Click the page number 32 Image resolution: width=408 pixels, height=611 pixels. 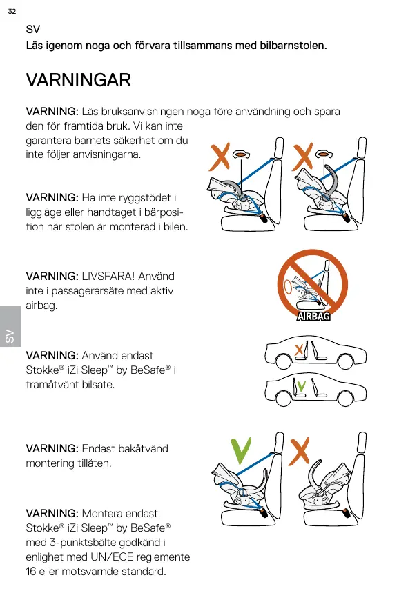point(12,11)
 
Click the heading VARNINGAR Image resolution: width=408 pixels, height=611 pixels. point(79,80)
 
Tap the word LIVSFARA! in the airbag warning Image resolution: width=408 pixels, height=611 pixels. point(108,277)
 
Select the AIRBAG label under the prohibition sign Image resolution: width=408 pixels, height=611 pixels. point(313,316)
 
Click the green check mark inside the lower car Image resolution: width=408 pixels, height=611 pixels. point(301,386)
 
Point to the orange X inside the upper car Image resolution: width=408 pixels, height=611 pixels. point(299,350)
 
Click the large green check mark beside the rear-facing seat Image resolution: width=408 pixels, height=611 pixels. point(241,451)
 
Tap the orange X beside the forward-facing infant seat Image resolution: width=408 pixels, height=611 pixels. point(299,451)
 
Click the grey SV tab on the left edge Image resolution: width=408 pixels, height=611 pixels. point(10,327)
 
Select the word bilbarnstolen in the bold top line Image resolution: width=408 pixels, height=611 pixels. point(293,46)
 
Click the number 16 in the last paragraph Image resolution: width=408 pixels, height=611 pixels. point(31,572)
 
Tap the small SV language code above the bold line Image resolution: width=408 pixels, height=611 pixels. point(32,29)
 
